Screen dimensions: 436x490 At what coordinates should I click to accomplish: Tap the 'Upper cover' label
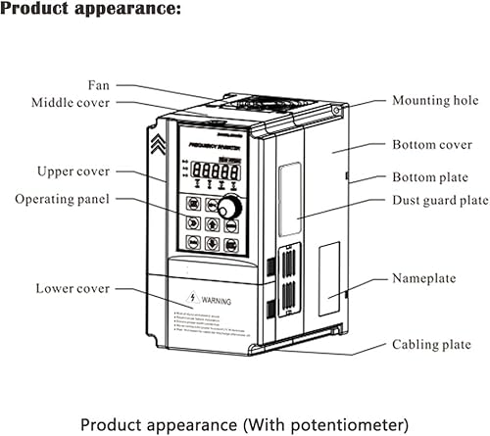tap(77, 171)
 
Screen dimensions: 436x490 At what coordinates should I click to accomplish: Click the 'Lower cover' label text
tap(73, 288)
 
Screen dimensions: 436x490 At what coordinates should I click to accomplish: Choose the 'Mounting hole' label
tap(435, 100)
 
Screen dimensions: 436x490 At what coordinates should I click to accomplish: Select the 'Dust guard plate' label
tap(440, 200)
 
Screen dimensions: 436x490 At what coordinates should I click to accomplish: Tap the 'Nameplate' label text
tap(424, 278)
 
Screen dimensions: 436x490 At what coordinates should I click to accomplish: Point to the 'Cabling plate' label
tap(431, 345)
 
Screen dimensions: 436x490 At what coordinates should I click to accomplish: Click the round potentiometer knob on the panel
tap(231, 208)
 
